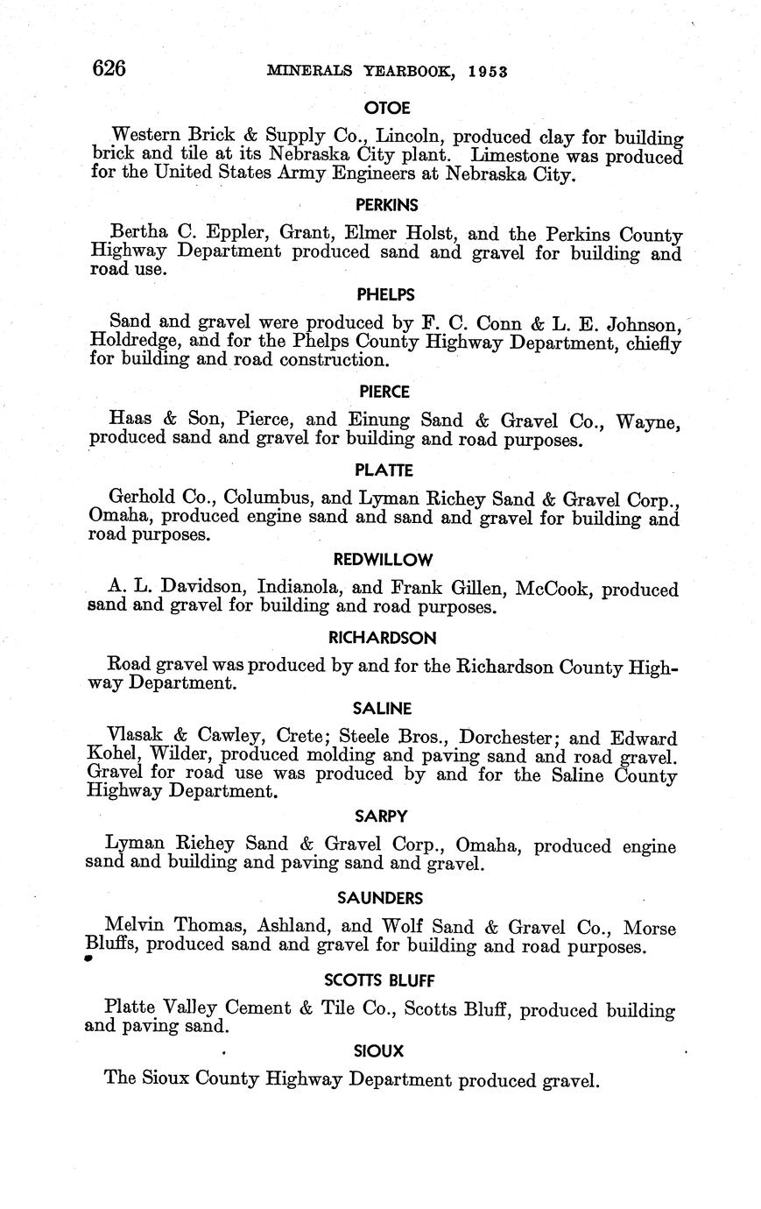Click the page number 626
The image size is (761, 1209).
[x=109, y=68]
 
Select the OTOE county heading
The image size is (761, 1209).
[x=386, y=108]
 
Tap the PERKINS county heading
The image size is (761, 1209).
[x=386, y=205]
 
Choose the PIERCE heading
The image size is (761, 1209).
[x=384, y=391]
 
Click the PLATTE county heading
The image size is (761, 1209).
[x=384, y=470]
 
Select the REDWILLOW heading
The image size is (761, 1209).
[x=383, y=559]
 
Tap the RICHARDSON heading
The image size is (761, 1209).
[x=383, y=638]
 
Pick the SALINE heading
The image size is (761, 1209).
[x=382, y=708]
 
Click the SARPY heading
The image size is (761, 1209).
[x=381, y=816]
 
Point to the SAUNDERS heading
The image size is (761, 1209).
[x=380, y=897]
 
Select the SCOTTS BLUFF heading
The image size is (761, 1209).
[x=379, y=979]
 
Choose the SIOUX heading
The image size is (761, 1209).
[x=378, y=1050]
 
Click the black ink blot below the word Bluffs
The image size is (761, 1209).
[x=88, y=959]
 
